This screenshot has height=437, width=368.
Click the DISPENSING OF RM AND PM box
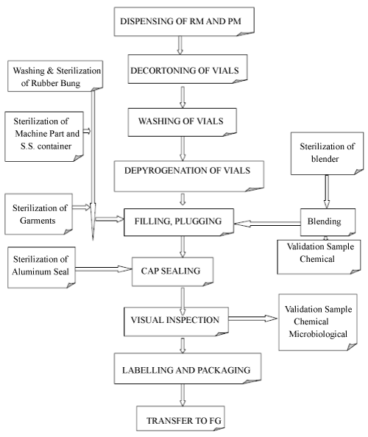(184, 22)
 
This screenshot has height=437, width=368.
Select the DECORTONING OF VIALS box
(188, 69)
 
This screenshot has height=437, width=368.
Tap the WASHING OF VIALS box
(183, 122)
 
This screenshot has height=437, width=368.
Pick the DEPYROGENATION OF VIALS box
(188, 176)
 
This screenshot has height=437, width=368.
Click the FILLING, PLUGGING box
(179, 222)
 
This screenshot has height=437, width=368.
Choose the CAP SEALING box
(172, 271)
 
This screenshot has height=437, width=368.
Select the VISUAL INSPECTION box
(176, 321)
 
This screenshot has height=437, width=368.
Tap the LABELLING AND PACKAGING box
(188, 369)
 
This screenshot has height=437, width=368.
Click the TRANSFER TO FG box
(180, 419)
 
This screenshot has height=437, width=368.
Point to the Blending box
(328, 222)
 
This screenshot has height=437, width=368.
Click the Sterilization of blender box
(328, 154)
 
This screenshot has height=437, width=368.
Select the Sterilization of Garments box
(39, 214)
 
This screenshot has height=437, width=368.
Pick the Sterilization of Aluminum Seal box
(41, 268)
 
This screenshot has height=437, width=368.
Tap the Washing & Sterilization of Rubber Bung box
(55, 76)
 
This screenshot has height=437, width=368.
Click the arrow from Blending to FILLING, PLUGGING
(267, 224)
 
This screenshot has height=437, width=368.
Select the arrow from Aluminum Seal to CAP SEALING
(104, 269)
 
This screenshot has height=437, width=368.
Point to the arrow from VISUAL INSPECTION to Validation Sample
(253, 319)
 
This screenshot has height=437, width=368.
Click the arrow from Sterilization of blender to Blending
(327, 192)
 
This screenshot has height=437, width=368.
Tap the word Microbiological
(318, 334)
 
